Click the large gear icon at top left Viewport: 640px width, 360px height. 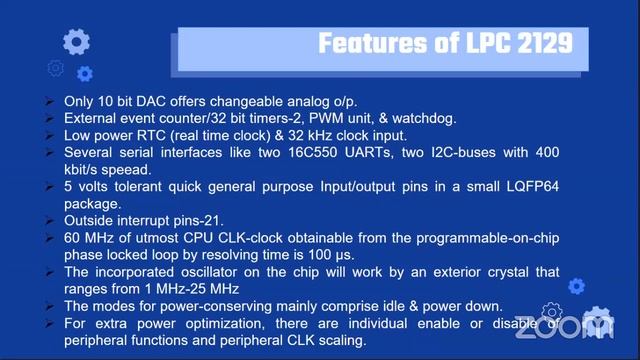pyautogui.click(x=76, y=41)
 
